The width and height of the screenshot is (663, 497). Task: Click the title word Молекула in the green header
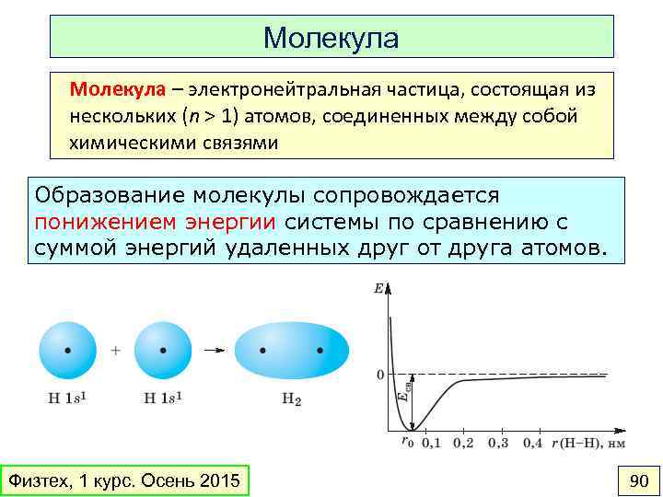[331, 38]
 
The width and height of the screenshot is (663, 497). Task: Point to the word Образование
[110, 196]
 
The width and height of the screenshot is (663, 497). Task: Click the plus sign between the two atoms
[116, 351]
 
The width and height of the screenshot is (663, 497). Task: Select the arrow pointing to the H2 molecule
[213, 351]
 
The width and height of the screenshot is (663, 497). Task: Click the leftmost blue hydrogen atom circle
[66, 351]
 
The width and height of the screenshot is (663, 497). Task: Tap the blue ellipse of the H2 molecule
[292, 351]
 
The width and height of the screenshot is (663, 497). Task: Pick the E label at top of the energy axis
[378, 288]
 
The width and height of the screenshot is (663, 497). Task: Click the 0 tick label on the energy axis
[379, 375]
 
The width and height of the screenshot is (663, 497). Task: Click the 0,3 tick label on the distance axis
[498, 444]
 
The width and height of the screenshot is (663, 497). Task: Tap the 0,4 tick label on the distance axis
[533, 444]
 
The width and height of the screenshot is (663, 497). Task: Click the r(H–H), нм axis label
[589, 444]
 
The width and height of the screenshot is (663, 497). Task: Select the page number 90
[638, 480]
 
